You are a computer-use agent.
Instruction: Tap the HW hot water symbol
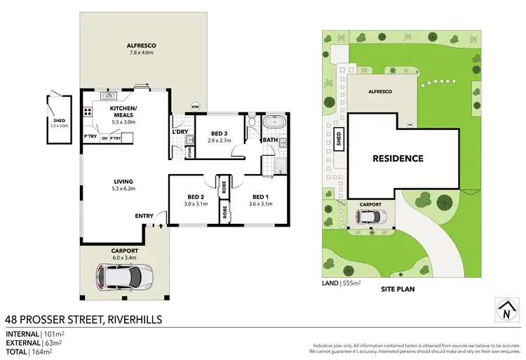(x=195, y=107)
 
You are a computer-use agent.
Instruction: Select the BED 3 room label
(x=220, y=133)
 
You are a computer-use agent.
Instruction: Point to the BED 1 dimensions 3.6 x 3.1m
(x=259, y=204)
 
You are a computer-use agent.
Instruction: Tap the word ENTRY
(x=144, y=215)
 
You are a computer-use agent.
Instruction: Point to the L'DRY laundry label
(x=180, y=132)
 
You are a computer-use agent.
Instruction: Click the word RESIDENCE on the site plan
(x=398, y=159)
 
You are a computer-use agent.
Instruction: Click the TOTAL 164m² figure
(x=53, y=352)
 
